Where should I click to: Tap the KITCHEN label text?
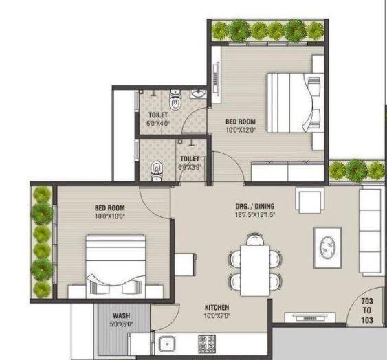pos(217,308)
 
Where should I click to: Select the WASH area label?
pos(122,316)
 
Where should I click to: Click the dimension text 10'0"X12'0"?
pos(241,129)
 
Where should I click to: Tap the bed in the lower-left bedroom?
pos(115,265)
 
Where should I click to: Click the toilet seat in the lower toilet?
pos(157,169)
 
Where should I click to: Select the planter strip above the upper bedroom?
pos(268,30)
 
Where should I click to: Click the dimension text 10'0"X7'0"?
pos(217,316)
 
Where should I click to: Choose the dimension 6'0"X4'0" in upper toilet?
pos(158,124)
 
